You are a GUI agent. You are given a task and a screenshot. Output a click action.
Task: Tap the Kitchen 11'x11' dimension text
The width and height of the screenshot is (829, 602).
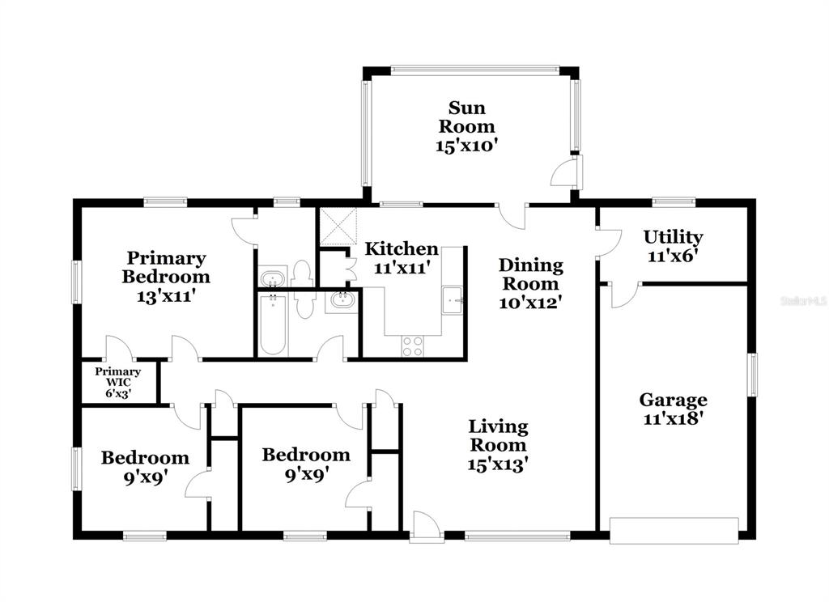tap(400, 268)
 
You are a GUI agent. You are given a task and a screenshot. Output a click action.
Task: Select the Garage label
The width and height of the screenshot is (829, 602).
tap(673, 400)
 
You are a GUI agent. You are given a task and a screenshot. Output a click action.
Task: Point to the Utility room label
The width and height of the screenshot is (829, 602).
tap(673, 237)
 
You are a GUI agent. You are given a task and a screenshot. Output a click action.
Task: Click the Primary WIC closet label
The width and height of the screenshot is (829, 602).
tap(117, 376)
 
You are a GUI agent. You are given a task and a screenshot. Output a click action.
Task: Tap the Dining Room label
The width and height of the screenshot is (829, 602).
tap(531, 273)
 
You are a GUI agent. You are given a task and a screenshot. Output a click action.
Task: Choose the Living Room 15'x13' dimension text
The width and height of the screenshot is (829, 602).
tap(498, 465)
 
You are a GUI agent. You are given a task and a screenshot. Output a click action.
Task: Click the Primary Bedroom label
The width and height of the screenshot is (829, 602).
tap(165, 268)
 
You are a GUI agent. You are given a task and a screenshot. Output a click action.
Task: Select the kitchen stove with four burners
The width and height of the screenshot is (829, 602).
tap(412, 346)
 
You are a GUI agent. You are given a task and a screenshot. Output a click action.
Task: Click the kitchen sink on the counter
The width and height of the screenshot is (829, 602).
tap(452, 300)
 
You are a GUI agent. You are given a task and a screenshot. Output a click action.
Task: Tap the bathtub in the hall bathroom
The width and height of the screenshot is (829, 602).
tap(273, 325)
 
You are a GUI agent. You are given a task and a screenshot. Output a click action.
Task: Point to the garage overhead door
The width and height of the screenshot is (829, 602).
tap(674, 530)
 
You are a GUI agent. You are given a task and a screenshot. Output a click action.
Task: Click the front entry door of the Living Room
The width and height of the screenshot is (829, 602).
tap(426, 526)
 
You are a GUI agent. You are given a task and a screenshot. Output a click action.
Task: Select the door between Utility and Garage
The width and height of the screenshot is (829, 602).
tap(625, 295)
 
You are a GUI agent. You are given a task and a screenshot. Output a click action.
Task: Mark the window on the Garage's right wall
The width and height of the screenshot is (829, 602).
tap(751, 374)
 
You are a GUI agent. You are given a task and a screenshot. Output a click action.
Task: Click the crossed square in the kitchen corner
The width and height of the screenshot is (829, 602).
tap(338, 227)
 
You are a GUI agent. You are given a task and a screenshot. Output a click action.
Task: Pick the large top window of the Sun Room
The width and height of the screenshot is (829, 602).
tap(474, 70)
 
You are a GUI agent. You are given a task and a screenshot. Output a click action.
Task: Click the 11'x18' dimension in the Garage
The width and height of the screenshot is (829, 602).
tap(673, 418)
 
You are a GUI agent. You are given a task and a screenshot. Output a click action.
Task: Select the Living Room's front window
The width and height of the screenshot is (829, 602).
tap(517, 536)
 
